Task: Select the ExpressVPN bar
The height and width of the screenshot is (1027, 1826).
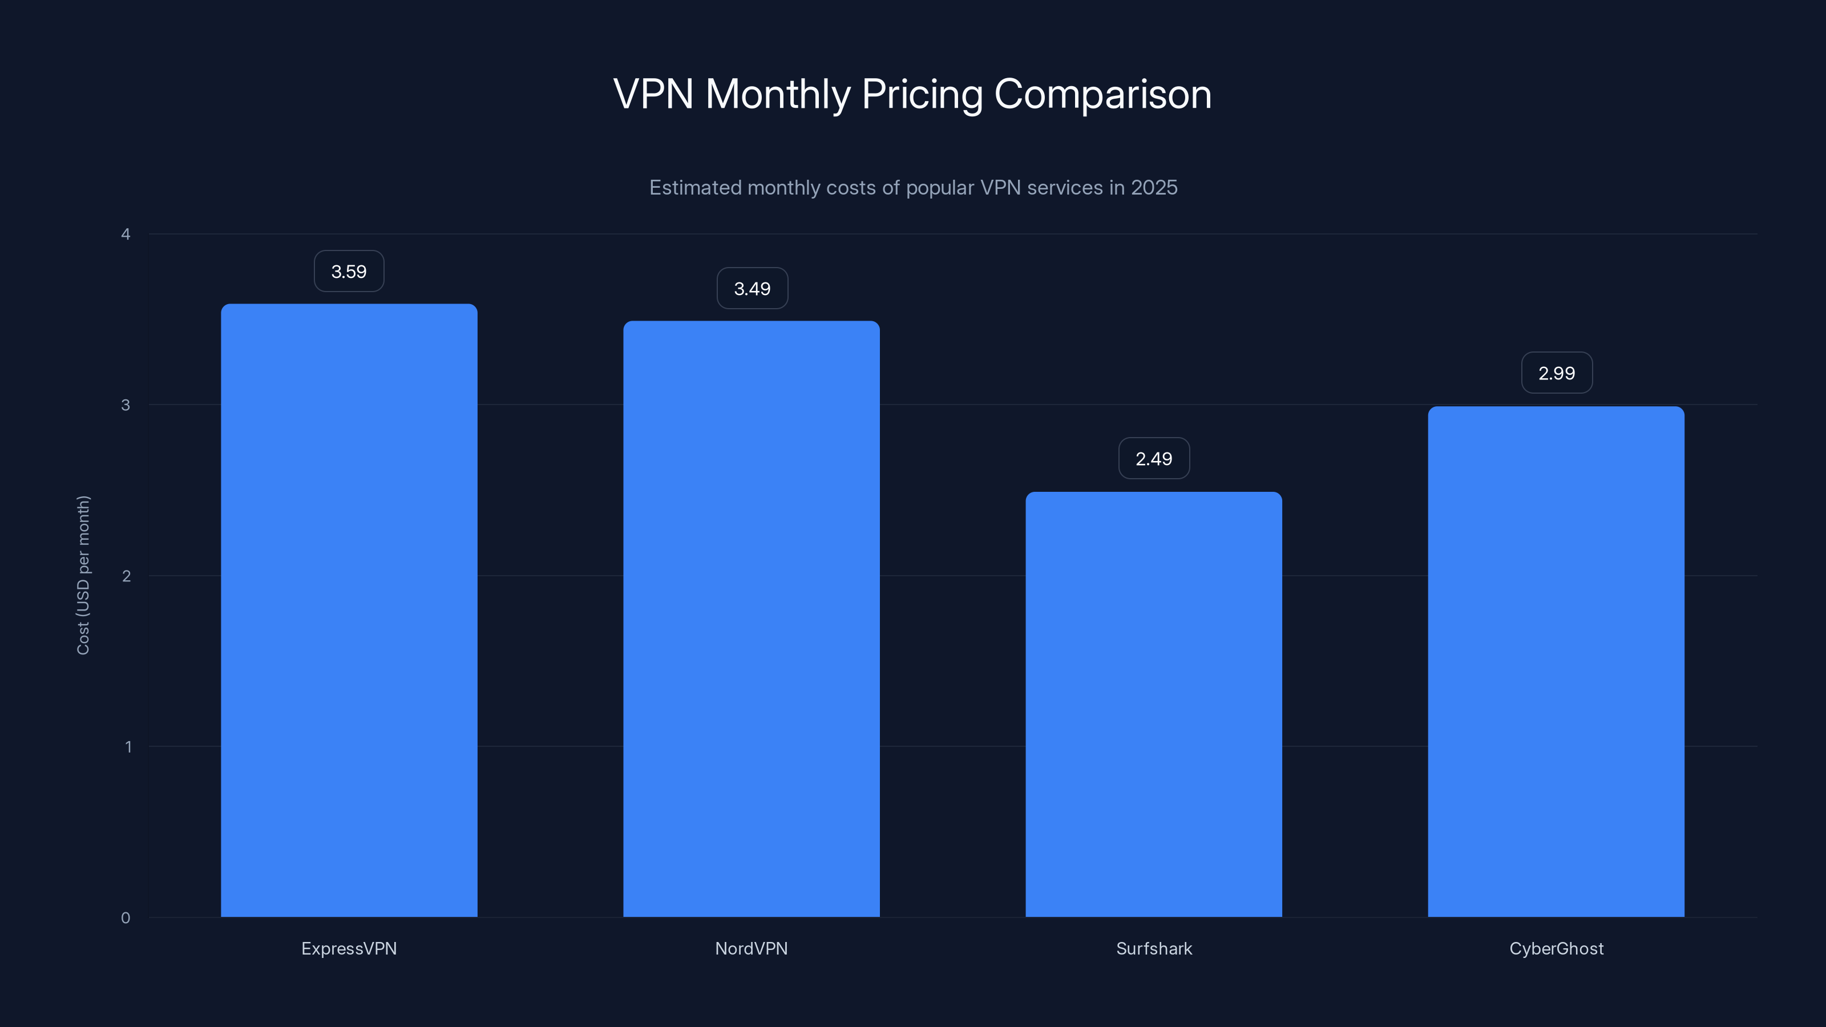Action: pyautogui.click(x=349, y=609)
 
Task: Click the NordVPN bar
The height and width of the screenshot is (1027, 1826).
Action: pyautogui.click(x=752, y=618)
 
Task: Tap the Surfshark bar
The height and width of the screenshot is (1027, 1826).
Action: pyautogui.click(x=1153, y=704)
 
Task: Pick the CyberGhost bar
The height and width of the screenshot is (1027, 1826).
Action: pyautogui.click(x=1556, y=661)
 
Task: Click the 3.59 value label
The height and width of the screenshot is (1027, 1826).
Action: pyautogui.click(x=349, y=272)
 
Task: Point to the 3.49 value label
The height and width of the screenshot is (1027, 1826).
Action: pyautogui.click(x=752, y=289)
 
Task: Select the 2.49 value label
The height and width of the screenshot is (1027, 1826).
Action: pyautogui.click(x=1154, y=459)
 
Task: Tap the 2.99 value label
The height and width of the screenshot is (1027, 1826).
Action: pyautogui.click(x=1557, y=373)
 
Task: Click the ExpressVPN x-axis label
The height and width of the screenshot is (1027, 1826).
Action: pyautogui.click(x=349, y=948)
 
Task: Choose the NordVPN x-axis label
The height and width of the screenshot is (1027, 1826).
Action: pyautogui.click(x=752, y=948)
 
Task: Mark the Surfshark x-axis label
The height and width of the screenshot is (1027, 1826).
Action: pyautogui.click(x=1154, y=948)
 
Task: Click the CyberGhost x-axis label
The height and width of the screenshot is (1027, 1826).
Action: pyautogui.click(x=1556, y=948)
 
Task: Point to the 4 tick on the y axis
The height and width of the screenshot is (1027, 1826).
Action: pyautogui.click(x=126, y=234)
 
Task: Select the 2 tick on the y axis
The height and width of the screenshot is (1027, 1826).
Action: pyautogui.click(x=126, y=576)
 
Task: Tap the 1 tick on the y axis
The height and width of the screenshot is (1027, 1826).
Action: pyautogui.click(x=128, y=746)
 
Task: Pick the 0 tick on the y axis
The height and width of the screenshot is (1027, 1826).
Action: pyautogui.click(x=126, y=918)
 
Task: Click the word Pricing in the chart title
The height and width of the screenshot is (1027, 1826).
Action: pyautogui.click(x=922, y=94)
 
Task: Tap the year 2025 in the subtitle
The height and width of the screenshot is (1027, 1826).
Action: pyautogui.click(x=1154, y=187)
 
